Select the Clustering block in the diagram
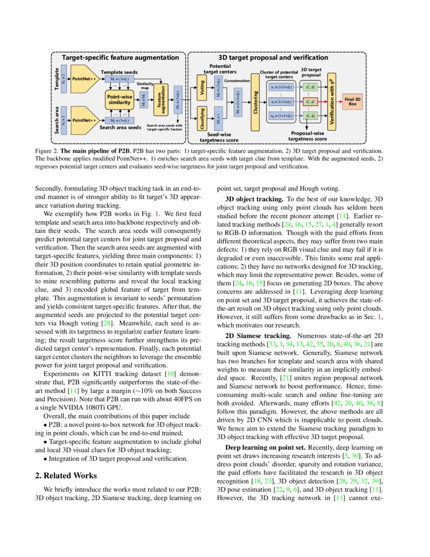tap(255, 101)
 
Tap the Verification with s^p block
tap(332, 102)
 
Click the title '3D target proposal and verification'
tap(273, 58)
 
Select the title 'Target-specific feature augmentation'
tap(120, 58)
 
